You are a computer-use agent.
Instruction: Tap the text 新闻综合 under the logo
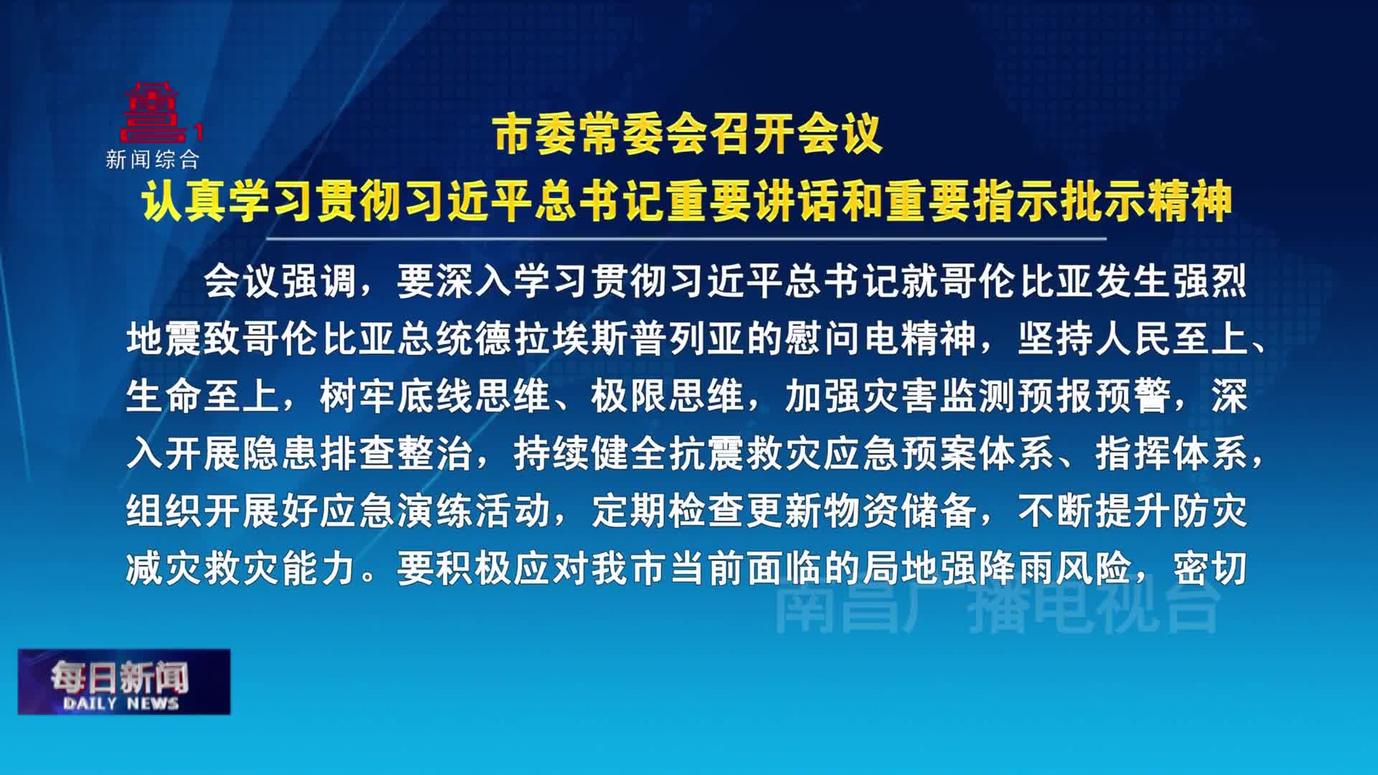tap(153, 159)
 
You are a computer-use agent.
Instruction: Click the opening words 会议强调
tap(280, 281)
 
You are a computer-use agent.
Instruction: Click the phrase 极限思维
tap(667, 396)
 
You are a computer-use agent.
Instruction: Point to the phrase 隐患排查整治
tap(357, 454)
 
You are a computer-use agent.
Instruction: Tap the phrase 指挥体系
tap(1171, 454)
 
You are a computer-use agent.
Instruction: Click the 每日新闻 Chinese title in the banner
tap(119, 677)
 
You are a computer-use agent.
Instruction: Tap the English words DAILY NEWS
tap(121, 703)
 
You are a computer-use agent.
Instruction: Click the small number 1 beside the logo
tap(200, 132)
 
